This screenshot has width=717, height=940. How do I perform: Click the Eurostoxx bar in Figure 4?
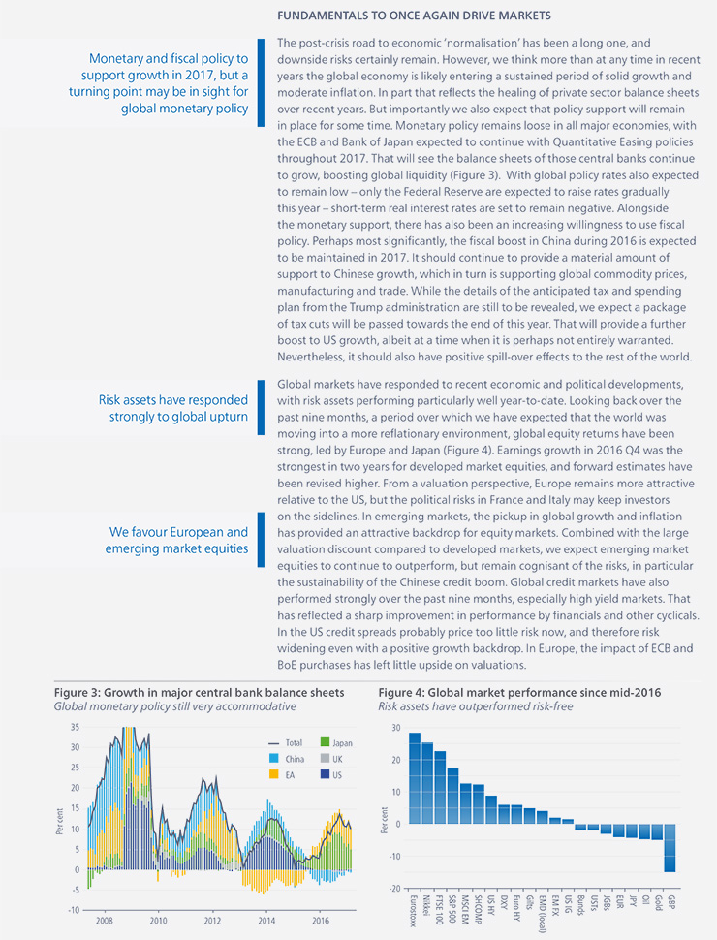coord(415,778)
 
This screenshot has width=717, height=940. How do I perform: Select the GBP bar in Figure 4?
coord(670,848)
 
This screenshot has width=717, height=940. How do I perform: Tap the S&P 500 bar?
coord(453,797)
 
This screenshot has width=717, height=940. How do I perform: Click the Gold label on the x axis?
coord(658,903)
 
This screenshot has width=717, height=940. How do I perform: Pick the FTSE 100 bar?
coord(440,788)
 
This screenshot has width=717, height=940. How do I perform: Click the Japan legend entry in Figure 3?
coord(337,742)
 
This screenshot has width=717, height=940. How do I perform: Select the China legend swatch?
coord(274,759)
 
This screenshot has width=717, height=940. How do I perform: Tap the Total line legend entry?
coord(286,742)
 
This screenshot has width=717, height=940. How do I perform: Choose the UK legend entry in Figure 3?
coord(331,759)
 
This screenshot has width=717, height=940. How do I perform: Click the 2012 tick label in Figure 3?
coord(212,921)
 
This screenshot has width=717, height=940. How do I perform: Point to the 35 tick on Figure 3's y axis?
coord(75,727)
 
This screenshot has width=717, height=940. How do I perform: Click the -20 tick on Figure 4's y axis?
coord(394,889)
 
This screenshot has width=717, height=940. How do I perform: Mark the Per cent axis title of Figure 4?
coord(385,820)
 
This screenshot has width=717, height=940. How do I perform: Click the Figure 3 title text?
coord(199,693)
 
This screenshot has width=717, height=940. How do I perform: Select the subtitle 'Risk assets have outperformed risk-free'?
coord(476,706)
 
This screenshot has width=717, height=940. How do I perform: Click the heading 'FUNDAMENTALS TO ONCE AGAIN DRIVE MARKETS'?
coord(414,16)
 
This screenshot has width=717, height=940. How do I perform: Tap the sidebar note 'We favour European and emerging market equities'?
coord(177,540)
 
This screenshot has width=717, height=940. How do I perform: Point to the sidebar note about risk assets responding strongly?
coord(173,408)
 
